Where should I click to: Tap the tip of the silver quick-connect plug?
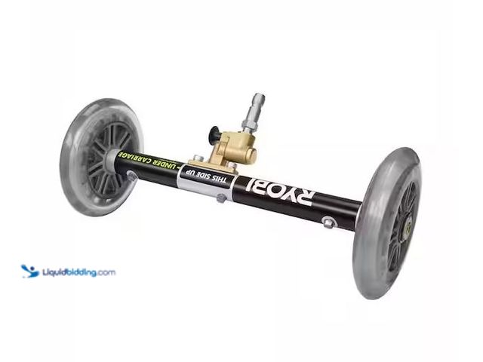pyautogui.click(x=260, y=96)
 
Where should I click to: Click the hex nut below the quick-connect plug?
pyautogui.click(x=248, y=124)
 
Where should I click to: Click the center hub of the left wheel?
pyautogui.click(x=110, y=158)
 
